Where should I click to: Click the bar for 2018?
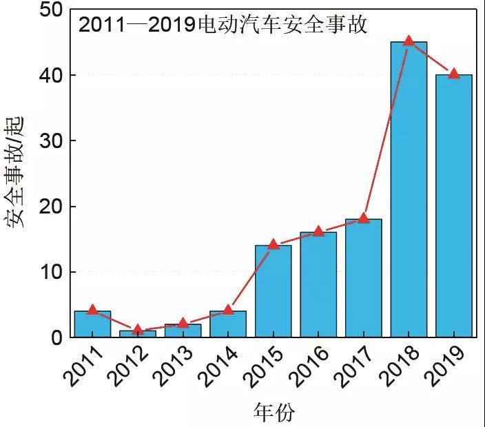click(x=409, y=193)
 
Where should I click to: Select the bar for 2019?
click(x=454, y=207)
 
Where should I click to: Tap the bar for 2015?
click(x=273, y=293)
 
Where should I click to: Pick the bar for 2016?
click(x=318, y=286)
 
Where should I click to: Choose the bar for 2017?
click(x=364, y=279)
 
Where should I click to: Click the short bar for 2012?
click(x=138, y=334)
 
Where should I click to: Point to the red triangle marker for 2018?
click(x=409, y=41)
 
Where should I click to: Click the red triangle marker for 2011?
click(x=92, y=310)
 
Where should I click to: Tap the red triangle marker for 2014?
click(x=228, y=310)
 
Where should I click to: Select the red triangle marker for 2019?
click(x=453, y=73)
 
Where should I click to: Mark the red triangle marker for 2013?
click(x=183, y=323)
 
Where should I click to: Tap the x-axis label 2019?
click(x=446, y=366)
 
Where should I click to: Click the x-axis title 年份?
click(x=274, y=412)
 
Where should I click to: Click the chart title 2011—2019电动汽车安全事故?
click(x=223, y=25)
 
